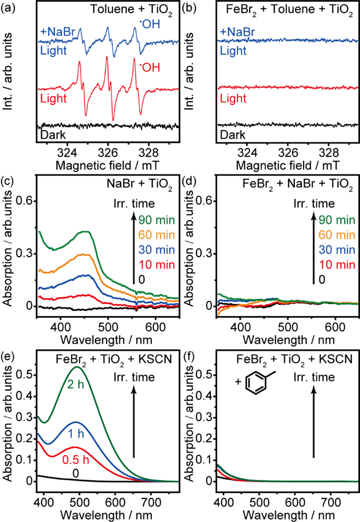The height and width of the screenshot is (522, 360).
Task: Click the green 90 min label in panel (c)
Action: tap(155, 220)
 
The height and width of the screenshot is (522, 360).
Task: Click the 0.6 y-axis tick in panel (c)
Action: tap(26, 202)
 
